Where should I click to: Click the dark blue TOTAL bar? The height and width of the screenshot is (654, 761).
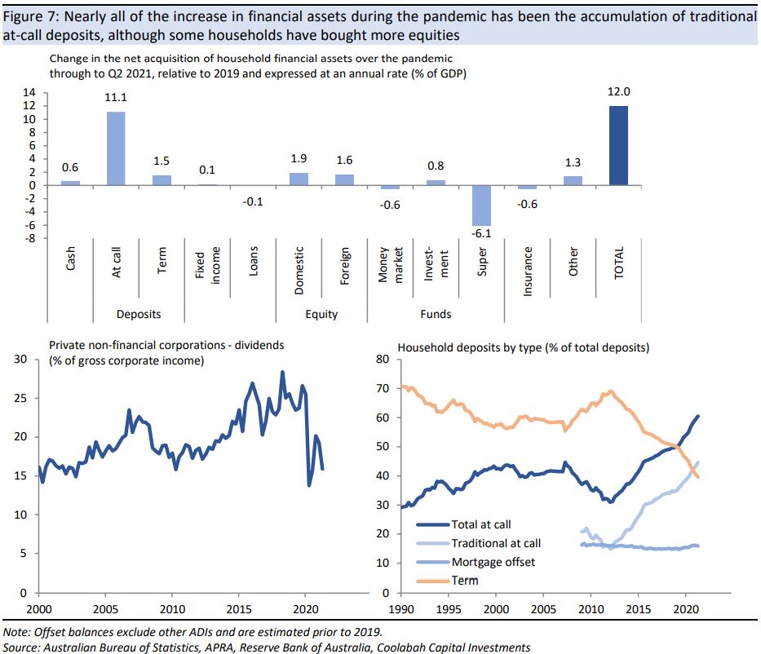coord(618,146)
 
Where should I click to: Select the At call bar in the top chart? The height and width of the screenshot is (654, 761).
coord(116,148)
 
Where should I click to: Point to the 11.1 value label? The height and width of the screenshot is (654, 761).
coord(116,98)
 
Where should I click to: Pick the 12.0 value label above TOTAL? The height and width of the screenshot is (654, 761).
coord(618,93)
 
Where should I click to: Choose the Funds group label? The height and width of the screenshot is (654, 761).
coord(436,314)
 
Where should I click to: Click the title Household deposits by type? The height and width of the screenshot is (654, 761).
coord(523,347)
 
